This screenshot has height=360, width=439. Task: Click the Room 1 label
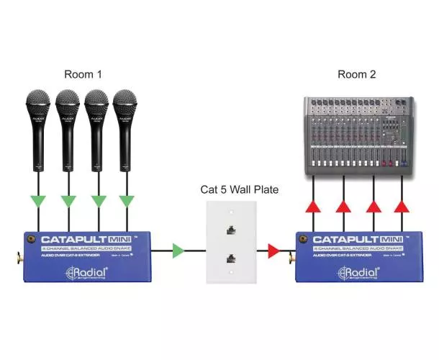[x=83, y=74]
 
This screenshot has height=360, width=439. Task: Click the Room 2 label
[x=357, y=74]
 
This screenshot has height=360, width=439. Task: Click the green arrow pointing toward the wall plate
[x=178, y=251]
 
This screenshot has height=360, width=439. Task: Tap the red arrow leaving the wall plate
[x=273, y=251]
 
